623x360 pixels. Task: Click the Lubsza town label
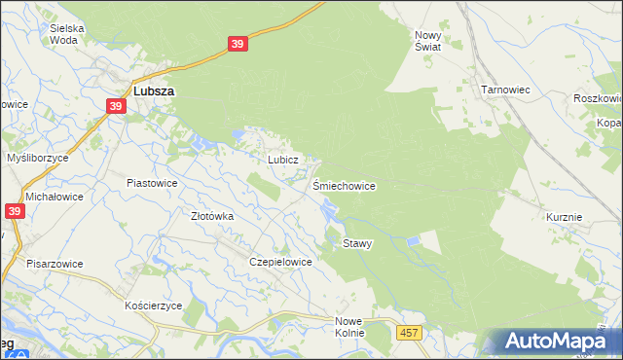pyautogui.click(x=154, y=90)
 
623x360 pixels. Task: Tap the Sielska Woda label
pyautogui.click(x=66, y=35)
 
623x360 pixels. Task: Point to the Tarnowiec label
pyautogui.click(x=504, y=89)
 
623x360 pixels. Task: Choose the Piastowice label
pyautogui.click(x=152, y=182)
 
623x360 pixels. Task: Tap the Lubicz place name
pyautogui.click(x=281, y=159)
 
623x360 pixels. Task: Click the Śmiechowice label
pyautogui.click(x=344, y=185)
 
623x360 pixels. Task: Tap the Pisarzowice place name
pyautogui.click(x=55, y=264)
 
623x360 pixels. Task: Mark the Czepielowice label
pyautogui.click(x=280, y=262)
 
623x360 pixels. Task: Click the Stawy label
pyautogui.click(x=357, y=243)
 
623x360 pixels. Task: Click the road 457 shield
pyautogui.click(x=409, y=333)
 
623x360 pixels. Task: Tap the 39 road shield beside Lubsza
pyautogui.click(x=116, y=107)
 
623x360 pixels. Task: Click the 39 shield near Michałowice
pyautogui.click(x=14, y=211)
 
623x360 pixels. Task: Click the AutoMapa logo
pyautogui.click(x=552, y=342)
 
